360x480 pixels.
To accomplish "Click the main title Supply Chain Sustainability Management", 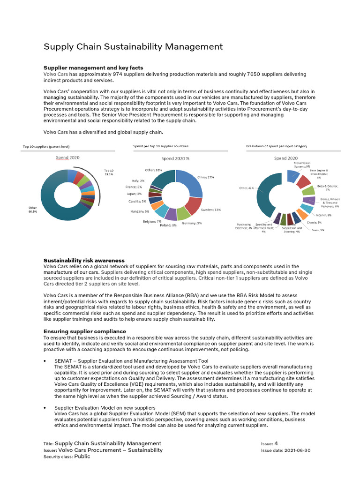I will click(x=133, y=46).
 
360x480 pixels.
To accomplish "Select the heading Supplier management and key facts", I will click(x=93, y=68).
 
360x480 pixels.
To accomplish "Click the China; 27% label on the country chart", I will click(x=206, y=177).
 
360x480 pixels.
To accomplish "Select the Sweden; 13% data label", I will click(x=211, y=210).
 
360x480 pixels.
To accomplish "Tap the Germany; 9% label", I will click(x=192, y=223).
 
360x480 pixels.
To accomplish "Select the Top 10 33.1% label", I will click(x=109, y=172).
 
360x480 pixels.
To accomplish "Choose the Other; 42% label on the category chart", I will click(x=246, y=188).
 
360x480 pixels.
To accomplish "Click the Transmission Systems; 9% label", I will click(x=302, y=165).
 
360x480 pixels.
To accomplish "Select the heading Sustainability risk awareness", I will click(x=84, y=260).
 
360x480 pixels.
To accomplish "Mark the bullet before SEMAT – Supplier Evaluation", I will click(x=44, y=361).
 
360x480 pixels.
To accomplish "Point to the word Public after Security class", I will click(x=82, y=457).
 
